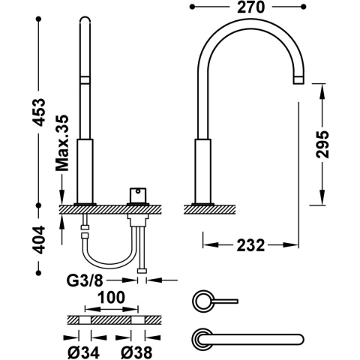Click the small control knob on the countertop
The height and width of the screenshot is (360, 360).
[x=137, y=195]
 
